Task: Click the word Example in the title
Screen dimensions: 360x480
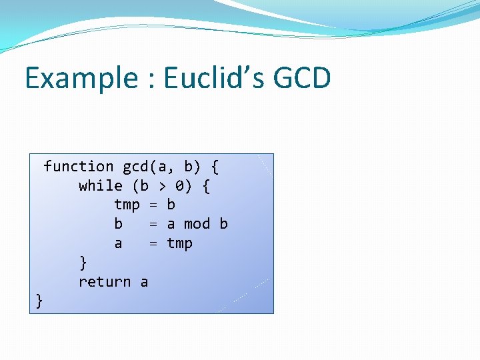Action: pyautogui.click(x=81, y=79)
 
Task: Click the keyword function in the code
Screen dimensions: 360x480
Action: pyautogui.click(x=78, y=167)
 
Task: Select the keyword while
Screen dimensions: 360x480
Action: pyautogui.click(x=100, y=186)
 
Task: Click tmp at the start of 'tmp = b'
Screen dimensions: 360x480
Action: pyautogui.click(x=127, y=205)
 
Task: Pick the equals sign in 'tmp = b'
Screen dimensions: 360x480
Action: pyautogui.click(x=153, y=205)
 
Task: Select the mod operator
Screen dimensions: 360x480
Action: pyautogui.click(x=197, y=224)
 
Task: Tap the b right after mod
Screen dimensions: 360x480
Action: pyautogui.click(x=223, y=224)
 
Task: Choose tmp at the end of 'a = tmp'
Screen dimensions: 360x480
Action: pyautogui.click(x=179, y=243)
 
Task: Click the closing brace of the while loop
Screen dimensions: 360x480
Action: pyautogui.click(x=83, y=262)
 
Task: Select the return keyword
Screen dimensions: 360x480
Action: pyautogui.click(x=105, y=282)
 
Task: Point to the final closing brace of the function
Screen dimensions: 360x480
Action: pyautogui.click(x=39, y=301)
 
